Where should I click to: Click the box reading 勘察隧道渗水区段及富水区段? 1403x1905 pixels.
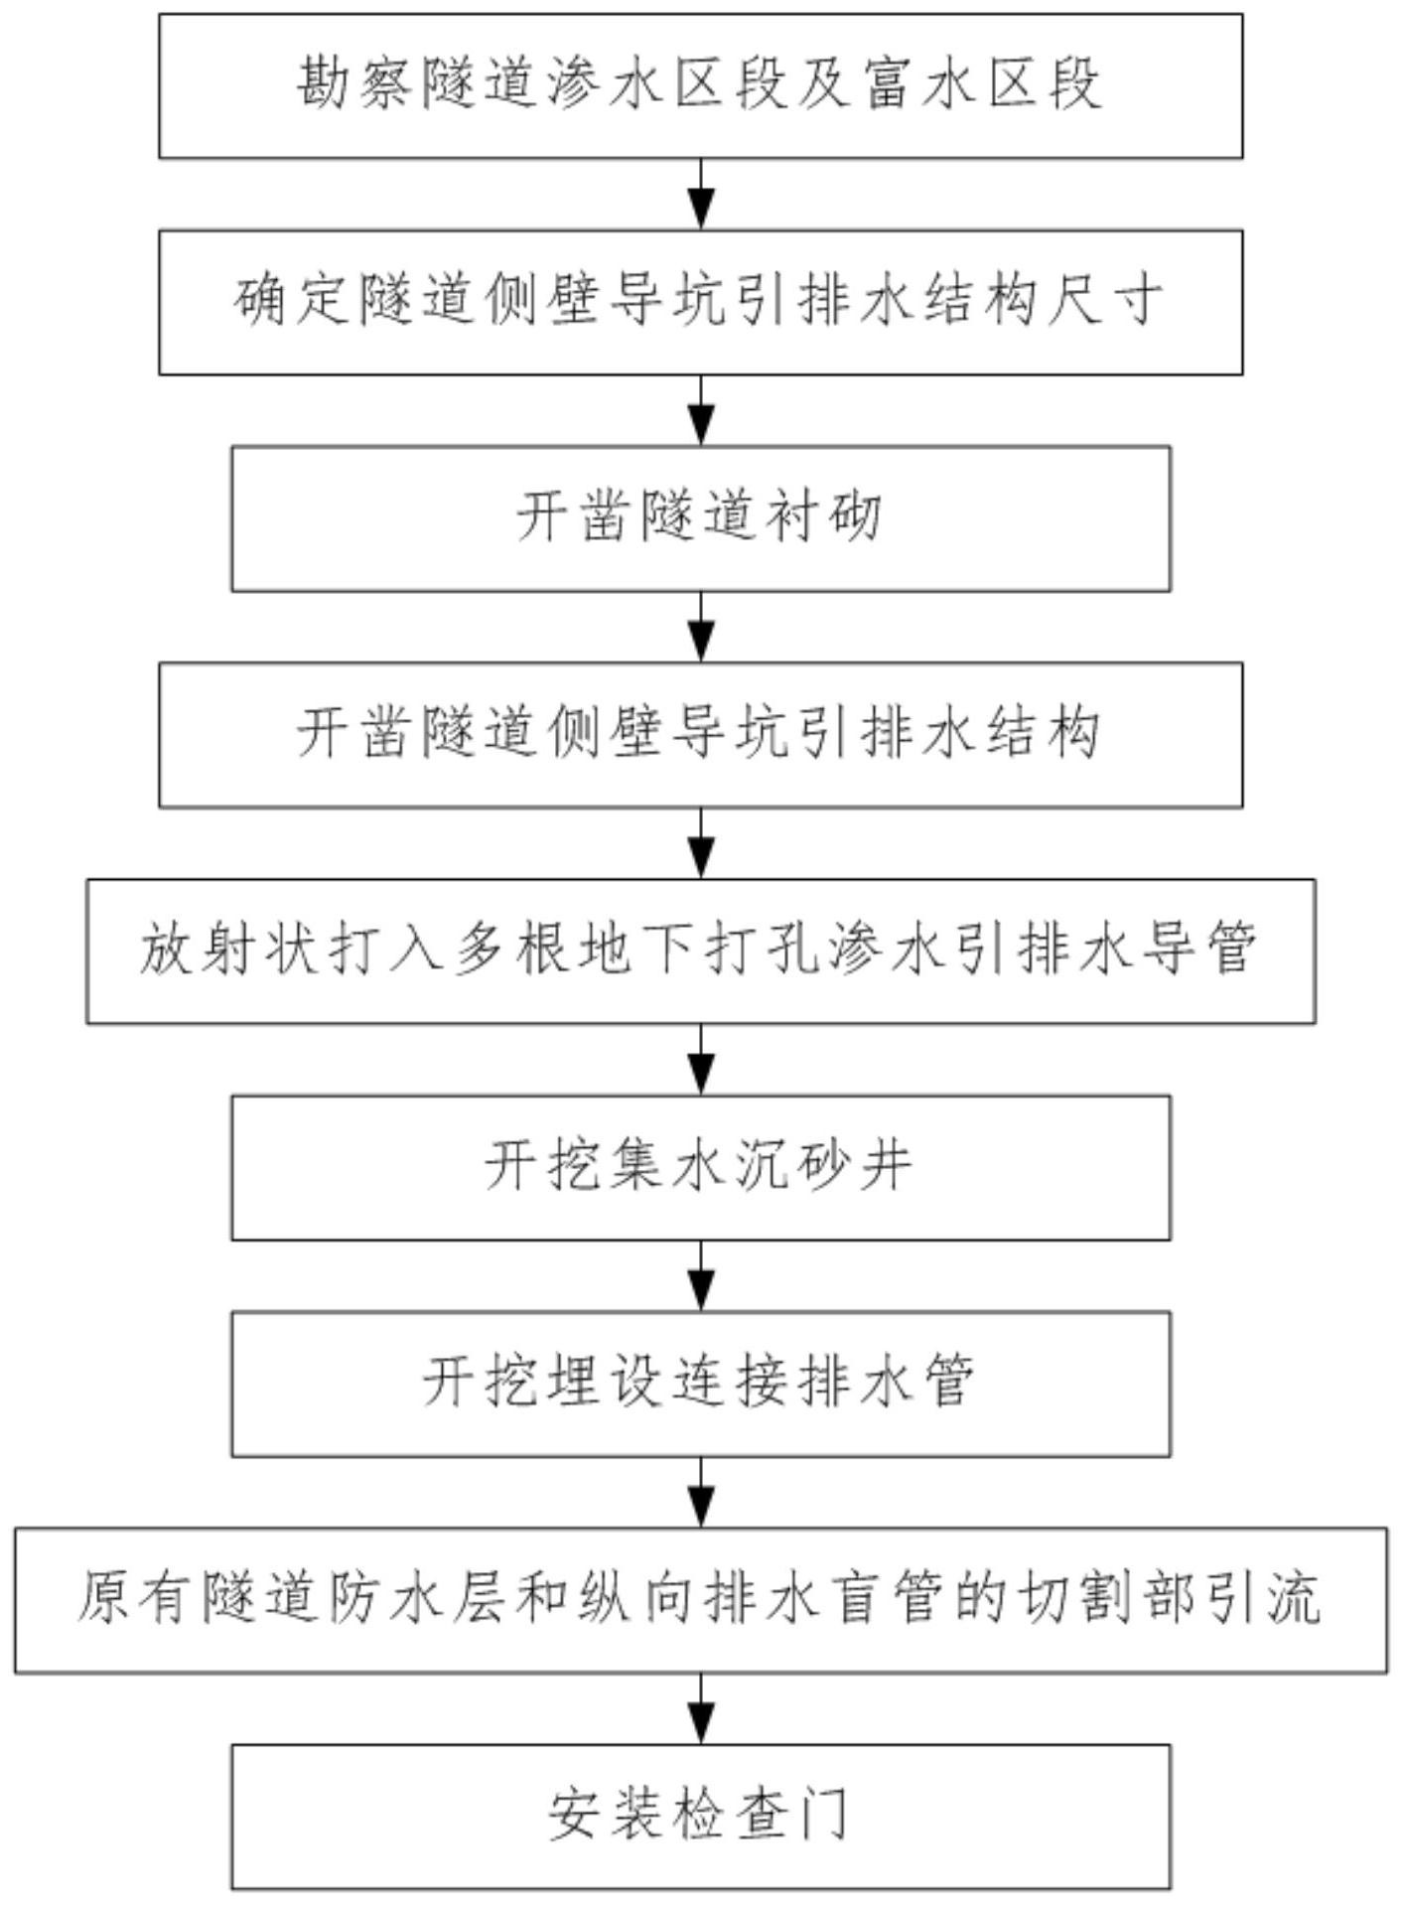[701, 85]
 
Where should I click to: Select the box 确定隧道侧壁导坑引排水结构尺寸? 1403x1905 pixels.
[701, 302]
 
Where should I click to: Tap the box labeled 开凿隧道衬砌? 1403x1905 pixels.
[701, 518]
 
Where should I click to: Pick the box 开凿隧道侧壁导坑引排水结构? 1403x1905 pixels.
[701, 735]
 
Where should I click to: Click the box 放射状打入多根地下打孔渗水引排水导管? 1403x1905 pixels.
[701, 952]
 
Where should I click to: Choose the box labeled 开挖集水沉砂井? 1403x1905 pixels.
[701, 1168]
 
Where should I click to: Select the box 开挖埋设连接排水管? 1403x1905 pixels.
[701, 1385]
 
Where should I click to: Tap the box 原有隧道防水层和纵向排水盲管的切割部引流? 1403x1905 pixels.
[701, 1600]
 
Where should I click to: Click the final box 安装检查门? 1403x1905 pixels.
[701, 1817]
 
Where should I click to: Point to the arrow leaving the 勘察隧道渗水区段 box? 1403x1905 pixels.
[702, 194]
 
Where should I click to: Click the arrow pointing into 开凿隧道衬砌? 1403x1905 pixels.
[702, 410]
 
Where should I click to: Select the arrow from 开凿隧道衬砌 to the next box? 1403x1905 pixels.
[702, 627]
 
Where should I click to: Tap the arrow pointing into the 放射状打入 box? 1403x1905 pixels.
[702, 843]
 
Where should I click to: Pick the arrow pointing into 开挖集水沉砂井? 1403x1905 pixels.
[702, 1060]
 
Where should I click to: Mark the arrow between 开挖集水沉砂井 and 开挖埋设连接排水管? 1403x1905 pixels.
[702, 1276]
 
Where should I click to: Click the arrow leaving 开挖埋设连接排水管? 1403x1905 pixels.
[702, 1492]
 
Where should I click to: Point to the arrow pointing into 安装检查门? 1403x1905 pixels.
[702, 1708]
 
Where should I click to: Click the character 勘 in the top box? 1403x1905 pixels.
[326, 83]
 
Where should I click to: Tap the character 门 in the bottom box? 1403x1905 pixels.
[824, 1815]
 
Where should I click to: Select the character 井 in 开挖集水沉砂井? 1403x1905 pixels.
[888, 1166]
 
